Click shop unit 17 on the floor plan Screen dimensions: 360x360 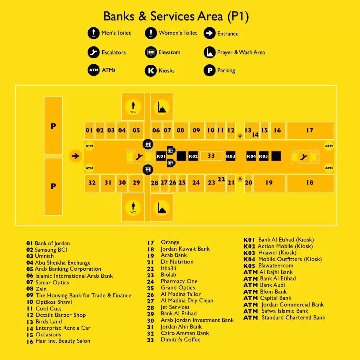coord(310,131)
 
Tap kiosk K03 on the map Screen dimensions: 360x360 coord(231,156)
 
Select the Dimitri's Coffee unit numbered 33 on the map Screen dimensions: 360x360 coord(211,156)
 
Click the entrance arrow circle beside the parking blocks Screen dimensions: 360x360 coord(76,156)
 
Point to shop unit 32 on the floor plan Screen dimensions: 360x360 coord(92,183)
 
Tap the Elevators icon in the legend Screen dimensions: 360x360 coord(151,52)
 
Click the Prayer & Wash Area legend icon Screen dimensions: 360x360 coord(210,52)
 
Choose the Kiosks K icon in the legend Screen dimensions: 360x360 coord(151,70)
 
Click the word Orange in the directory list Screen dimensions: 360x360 coord(170,242)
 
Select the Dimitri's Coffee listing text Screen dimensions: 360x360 coord(181,340)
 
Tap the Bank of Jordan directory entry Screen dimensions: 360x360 coord(52,243)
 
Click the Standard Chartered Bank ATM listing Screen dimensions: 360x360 coord(294,317)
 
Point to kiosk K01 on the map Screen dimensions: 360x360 coord(161,156)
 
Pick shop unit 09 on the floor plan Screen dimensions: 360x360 coord(197,131)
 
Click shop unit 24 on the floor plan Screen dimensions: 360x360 coord(196,183)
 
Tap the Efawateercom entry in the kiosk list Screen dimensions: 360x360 coord(276,266)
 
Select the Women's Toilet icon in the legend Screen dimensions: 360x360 coord(151,33)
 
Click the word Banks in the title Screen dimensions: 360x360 coord(119,16)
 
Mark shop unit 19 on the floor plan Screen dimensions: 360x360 coord(269,183)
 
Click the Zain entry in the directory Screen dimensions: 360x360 coord(41,289)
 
